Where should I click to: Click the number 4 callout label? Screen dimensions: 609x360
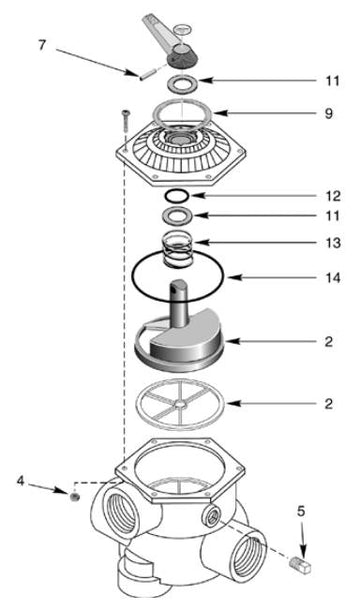pos(21,481)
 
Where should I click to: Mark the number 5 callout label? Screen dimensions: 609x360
pos(302,517)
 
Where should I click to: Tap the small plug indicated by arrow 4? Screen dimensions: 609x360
pos(72,495)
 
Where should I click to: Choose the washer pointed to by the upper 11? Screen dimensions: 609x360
pos(181,83)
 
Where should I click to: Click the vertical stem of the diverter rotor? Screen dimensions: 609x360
pos(181,305)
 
